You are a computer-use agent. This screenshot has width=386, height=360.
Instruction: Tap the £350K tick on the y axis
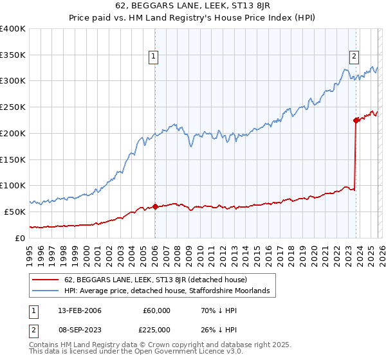(x=13, y=55)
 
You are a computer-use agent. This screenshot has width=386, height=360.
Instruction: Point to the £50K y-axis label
(x=15, y=212)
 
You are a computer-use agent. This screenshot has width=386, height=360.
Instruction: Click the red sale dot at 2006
(x=155, y=207)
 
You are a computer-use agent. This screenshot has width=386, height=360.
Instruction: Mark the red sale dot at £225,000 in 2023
(x=356, y=120)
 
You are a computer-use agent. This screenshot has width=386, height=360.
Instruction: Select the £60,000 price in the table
(x=156, y=310)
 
